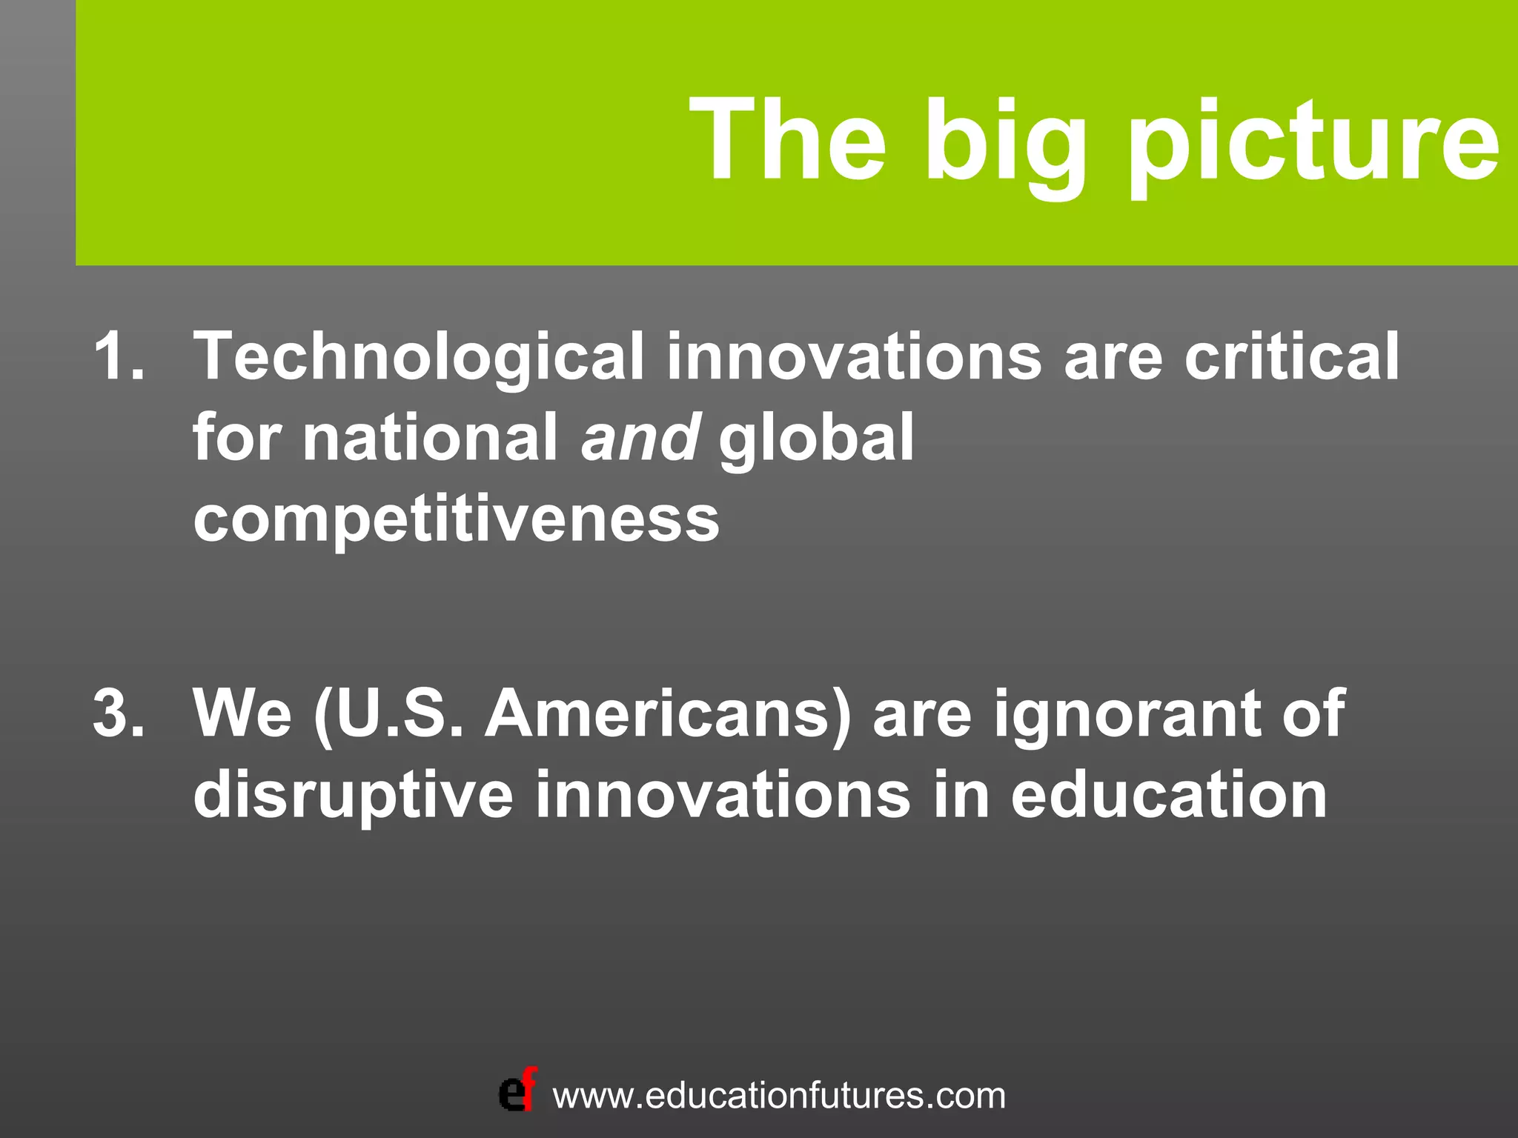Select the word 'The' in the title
click(x=788, y=141)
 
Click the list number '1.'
click(x=119, y=356)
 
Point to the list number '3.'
click(x=119, y=713)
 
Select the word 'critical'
click(x=1291, y=356)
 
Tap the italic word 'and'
click(x=640, y=437)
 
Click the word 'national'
click(x=430, y=437)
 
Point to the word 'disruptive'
click(x=353, y=796)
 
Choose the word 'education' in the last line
click(x=1169, y=794)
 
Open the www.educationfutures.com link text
click(x=779, y=1096)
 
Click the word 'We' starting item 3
click(x=242, y=713)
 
